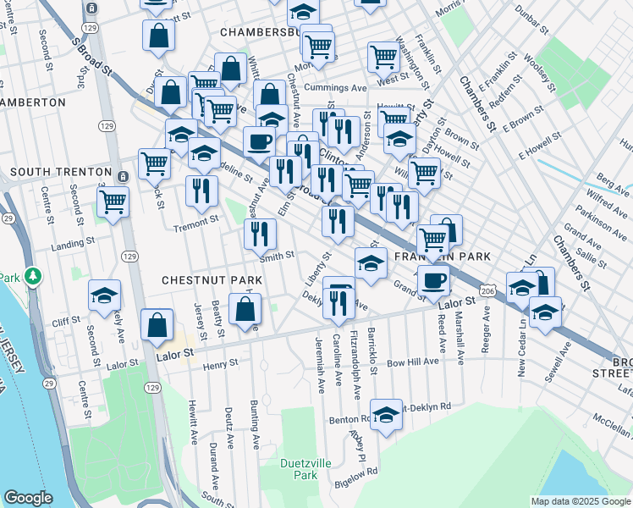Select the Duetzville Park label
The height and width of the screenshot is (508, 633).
coord(300,469)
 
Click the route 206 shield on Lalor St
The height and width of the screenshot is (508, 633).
coord(487,290)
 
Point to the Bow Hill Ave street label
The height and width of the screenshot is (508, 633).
coord(413,361)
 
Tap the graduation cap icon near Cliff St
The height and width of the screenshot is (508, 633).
coord(104,295)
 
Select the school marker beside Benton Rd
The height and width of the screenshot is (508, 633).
coord(386,415)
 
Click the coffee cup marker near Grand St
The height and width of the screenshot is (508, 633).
coord(433,281)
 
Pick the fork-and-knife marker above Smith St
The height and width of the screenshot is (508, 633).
coord(260,234)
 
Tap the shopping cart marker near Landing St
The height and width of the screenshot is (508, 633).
coord(113,202)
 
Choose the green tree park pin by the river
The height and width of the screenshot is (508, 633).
coord(33,276)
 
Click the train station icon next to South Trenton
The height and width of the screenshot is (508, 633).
coord(124,176)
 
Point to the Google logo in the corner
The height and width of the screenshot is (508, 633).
coord(28,498)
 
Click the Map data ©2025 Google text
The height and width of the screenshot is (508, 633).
coord(580,501)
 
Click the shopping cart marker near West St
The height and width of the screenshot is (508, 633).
coord(383,58)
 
